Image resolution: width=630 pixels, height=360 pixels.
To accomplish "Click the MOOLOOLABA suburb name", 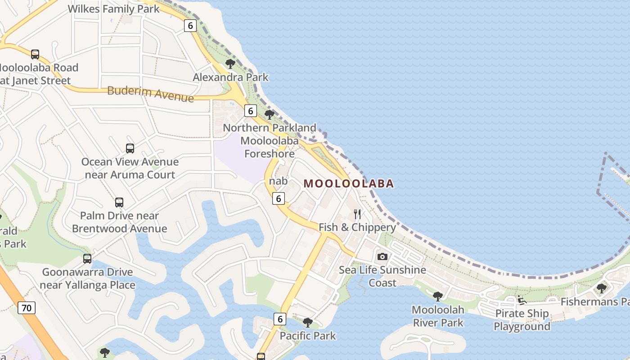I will pos(349,184).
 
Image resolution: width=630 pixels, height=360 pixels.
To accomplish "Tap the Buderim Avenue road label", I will pos(150,94).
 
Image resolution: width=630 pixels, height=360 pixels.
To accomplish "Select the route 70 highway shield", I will pos(27,308).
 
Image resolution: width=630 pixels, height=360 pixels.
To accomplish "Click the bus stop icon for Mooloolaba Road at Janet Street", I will pos(35,54).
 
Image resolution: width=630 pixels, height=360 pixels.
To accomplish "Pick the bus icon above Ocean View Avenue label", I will pos(130,148).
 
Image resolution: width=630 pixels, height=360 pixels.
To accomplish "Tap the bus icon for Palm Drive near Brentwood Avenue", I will pos(119,202).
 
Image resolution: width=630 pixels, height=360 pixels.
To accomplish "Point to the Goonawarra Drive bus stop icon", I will pos(87,259).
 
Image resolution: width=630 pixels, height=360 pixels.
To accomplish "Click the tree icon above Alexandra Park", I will pos(230,64).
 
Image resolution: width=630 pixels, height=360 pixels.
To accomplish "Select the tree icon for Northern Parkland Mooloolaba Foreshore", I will pos(270,115).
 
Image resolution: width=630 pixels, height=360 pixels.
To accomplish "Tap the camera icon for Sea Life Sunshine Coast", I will pos(382,256).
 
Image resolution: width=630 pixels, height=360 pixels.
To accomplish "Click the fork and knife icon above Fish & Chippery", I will pos(357,214).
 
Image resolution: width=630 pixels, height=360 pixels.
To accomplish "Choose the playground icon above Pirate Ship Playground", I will pos(522,300).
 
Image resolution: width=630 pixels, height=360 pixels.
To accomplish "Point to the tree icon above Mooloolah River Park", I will pos(437,296).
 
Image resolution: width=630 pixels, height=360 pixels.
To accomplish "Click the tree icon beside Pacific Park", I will pos(308,322).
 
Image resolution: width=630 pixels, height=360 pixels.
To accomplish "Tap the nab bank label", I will pos(278,181).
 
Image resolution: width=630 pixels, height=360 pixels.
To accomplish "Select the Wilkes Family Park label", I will pos(113,9).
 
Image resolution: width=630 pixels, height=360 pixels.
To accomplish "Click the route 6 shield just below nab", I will pos(279,198).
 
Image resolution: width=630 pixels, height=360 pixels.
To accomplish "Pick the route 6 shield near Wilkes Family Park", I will pos(190,26).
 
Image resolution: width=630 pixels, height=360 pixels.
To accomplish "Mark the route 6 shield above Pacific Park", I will pos(280,319).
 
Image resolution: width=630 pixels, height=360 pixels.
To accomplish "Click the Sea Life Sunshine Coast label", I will pos(382,276).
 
